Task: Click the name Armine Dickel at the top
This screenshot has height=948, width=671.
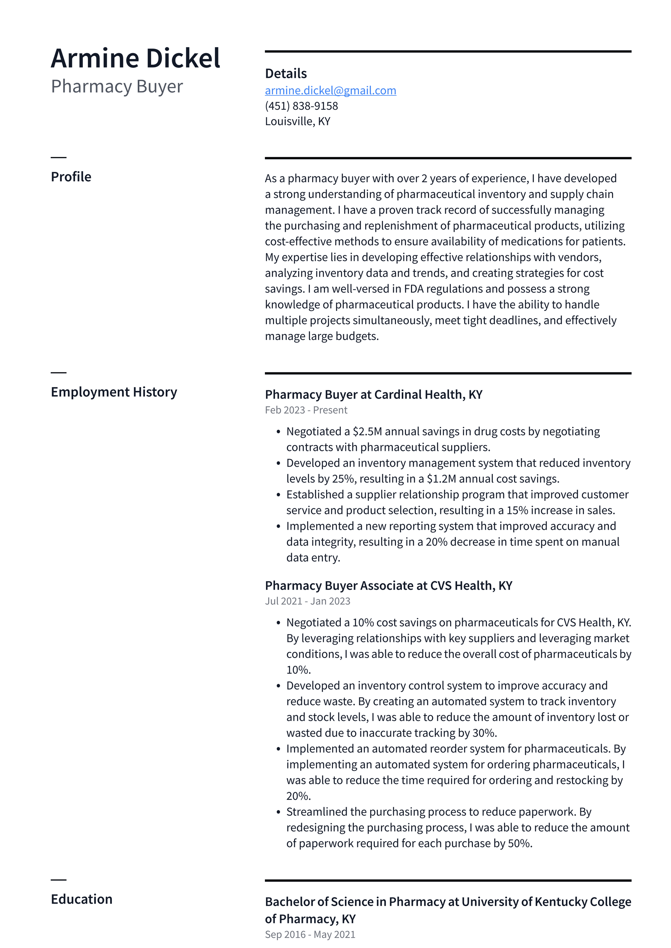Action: pyautogui.click(x=136, y=58)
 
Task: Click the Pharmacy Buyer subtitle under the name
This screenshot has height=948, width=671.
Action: pyautogui.click(x=117, y=86)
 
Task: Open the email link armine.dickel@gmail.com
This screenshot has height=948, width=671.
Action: pyautogui.click(x=330, y=90)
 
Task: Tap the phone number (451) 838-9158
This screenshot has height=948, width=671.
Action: pyautogui.click(x=301, y=106)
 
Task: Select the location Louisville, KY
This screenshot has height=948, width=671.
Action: pyautogui.click(x=297, y=122)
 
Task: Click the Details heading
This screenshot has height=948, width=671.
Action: pyautogui.click(x=286, y=73)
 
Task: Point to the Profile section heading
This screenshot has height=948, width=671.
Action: pyautogui.click(x=71, y=177)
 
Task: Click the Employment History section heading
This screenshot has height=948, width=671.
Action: pyautogui.click(x=114, y=392)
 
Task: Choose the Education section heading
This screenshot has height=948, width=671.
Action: pyautogui.click(x=81, y=899)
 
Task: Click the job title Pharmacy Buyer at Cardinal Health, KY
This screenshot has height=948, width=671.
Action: pyautogui.click(x=373, y=394)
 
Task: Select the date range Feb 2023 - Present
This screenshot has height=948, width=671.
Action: pyautogui.click(x=306, y=410)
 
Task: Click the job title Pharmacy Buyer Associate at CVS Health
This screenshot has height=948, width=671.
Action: pyautogui.click(x=388, y=585)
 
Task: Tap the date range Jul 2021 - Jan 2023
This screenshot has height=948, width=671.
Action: pyautogui.click(x=308, y=601)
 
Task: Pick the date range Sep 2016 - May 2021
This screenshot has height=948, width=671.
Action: pyautogui.click(x=310, y=934)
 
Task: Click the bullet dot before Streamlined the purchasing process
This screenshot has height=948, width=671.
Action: pyautogui.click(x=278, y=812)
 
